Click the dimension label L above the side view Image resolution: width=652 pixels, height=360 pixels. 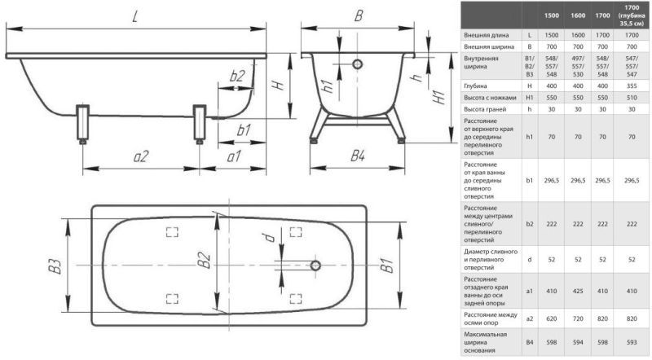pos(134,17)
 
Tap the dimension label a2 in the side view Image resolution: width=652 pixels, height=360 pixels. pos(141,156)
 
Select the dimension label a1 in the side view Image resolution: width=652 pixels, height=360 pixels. pos(234,156)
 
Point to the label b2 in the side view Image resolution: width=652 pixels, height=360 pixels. pos(237,76)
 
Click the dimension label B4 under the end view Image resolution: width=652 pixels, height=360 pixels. pos(358,156)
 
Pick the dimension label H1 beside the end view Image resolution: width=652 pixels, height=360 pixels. pos(439,97)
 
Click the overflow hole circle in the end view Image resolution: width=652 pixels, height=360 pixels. pos(357,64)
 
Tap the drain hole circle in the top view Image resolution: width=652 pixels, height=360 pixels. pos(315,266)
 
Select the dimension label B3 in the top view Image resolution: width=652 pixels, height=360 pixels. pos(55,266)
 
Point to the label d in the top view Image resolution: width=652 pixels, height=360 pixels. pos(270,238)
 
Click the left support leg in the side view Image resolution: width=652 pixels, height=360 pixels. pos(83,124)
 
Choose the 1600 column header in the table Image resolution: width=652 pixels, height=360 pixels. pos(578,15)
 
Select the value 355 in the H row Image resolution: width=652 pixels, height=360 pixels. pos(632,86)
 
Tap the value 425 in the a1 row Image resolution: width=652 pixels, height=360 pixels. pos(578,292)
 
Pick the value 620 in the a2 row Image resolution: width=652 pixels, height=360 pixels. pos(552,318)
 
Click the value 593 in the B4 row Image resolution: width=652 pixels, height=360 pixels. pos(632,343)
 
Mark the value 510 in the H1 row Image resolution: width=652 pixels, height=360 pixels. pos(632,98)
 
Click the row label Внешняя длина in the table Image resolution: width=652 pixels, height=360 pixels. pos(487,35)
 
